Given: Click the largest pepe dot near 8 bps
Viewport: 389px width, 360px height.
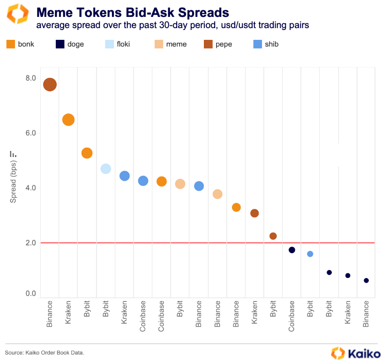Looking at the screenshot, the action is pyautogui.click(x=50, y=84).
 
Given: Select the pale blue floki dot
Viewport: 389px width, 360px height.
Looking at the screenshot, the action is pyautogui.click(x=105, y=169).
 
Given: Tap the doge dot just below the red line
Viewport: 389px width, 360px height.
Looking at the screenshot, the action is pyautogui.click(x=292, y=250).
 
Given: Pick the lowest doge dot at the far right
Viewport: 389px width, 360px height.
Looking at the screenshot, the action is pyautogui.click(x=366, y=281).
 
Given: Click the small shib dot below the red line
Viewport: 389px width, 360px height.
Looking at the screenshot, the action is pyautogui.click(x=310, y=254).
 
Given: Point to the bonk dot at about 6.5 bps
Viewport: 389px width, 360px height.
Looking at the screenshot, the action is pyautogui.click(x=68, y=120).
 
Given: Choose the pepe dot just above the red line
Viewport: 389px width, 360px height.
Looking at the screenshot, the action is pyautogui.click(x=273, y=236).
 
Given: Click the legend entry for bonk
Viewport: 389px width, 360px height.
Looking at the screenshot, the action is pyautogui.click(x=20, y=44).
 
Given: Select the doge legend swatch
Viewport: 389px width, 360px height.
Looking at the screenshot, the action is pyautogui.click(x=60, y=44).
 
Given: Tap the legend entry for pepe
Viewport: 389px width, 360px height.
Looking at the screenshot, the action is pyautogui.click(x=218, y=44).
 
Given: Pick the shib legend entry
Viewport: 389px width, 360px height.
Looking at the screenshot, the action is pyautogui.click(x=266, y=44).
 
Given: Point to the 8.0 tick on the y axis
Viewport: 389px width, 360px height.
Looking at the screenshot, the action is pyautogui.click(x=31, y=78).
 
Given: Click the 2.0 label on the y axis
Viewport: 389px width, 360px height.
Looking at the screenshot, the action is pyautogui.click(x=31, y=243).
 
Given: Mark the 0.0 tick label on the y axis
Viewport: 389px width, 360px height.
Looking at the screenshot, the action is pyautogui.click(x=31, y=293).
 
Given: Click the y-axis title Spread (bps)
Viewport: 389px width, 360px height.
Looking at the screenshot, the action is pyautogui.click(x=13, y=181).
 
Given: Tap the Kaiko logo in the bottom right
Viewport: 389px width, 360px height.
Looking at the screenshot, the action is pyautogui.click(x=356, y=353).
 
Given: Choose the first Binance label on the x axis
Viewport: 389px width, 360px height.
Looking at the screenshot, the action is pyautogui.click(x=50, y=314).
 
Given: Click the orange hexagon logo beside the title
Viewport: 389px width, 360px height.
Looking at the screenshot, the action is pyautogui.click(x=18, y=14).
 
